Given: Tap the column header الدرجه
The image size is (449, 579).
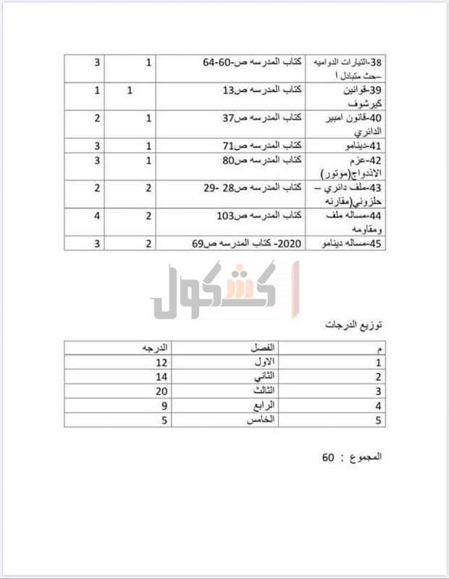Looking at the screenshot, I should point(154,348).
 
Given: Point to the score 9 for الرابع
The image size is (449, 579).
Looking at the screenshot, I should point(164,405).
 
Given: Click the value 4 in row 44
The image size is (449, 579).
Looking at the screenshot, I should point(97,216).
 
